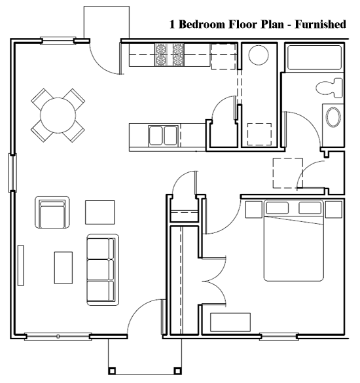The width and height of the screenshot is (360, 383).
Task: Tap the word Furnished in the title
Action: tap(316, 26)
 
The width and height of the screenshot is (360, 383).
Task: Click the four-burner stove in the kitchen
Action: tap(170, 55)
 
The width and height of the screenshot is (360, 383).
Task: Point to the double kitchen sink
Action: tap(162, 136)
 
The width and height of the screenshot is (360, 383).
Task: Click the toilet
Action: tap(327, 86)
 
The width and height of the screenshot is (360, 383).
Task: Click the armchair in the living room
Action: tap(51, 213)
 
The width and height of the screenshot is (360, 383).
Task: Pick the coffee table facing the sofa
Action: tap(63, 268)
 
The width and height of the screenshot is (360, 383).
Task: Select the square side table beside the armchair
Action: tap(99, 211)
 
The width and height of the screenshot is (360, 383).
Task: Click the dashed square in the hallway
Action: tap(287, 172)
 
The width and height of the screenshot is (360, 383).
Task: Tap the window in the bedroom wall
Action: tap(279, 338)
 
